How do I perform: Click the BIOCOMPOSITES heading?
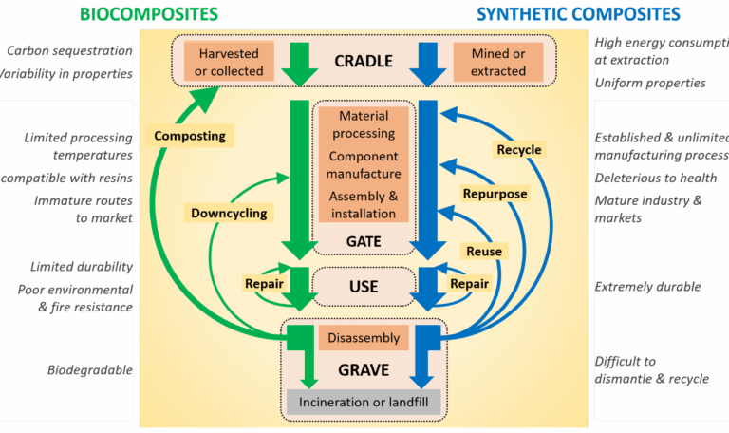[x=149, y=13]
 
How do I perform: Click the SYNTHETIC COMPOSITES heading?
[x=578, y=13]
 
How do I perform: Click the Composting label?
[x=191, y=136]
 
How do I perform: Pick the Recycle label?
[x=519, y=149]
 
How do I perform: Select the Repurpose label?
[x=495, y=194]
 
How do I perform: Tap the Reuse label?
[x=482, y=251]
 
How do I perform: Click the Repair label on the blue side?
[x=470, y=283]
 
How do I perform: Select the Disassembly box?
[x=363, y=337]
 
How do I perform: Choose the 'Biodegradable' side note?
[x=90, y=369]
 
